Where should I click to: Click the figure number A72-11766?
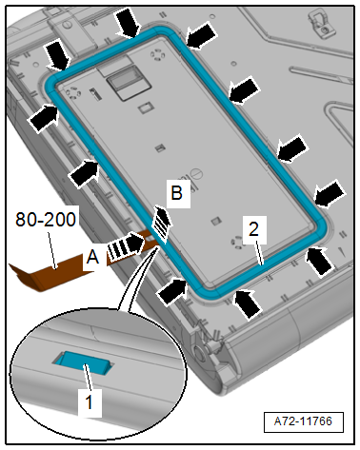coord(303,421)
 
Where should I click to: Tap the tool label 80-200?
coord(46,220)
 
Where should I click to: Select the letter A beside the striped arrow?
coord(92,257)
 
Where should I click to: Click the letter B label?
coord(177,193)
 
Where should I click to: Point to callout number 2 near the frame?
coord(253,229)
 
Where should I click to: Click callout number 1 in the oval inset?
coord(90,401)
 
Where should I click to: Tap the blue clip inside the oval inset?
coord(84,362)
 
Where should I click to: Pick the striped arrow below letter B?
coord(162,223)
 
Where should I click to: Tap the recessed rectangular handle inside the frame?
coord(129,84)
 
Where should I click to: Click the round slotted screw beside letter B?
coord(196,174)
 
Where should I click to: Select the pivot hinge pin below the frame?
coord(200,352)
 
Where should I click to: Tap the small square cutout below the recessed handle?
coord(146,108)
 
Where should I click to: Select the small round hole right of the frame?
coord(234,64)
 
